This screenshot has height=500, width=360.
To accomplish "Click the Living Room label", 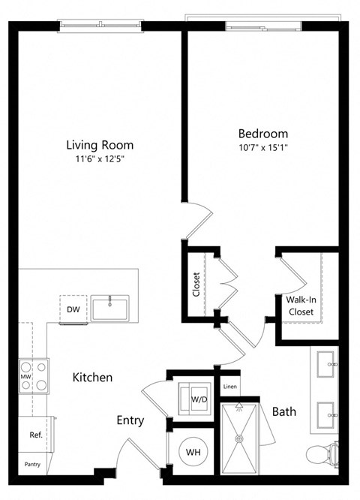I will [x=99, y=145].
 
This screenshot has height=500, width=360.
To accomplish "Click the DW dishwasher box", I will [x=73, y=309].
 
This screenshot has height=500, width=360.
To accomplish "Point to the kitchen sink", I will [x=109, y=308].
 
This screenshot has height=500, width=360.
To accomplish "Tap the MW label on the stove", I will [x=25, y=377].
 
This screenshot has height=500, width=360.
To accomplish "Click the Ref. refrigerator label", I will [x=34, y=435].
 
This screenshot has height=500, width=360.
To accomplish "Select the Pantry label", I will [x=32, y=464].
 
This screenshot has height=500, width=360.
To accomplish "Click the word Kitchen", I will [x=92, y=378].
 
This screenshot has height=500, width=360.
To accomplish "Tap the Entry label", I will [x=130, y=421].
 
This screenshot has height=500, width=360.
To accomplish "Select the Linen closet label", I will [x=229, y=387].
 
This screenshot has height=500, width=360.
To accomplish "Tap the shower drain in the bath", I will [x=239, y=438].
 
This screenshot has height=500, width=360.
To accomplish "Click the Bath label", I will [x=283, y=411].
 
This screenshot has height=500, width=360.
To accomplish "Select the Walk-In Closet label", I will [x=300, y=305].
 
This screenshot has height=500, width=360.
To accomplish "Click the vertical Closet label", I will [x=196, y=285].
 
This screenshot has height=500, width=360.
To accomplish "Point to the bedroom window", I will [x=264, y=26].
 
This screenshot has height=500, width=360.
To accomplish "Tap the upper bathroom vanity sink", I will [x=327, y=365].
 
